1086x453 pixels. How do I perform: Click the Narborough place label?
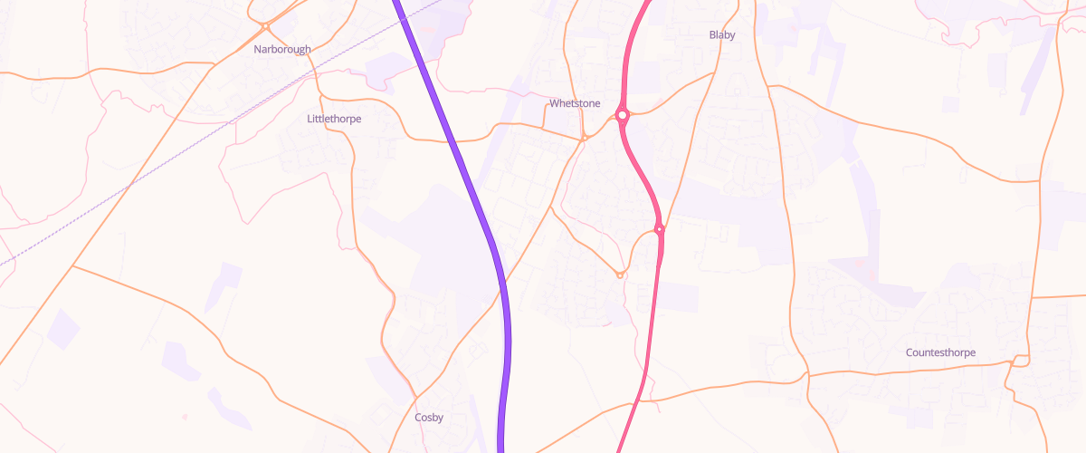[282, 49]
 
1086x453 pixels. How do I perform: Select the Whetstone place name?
[575, 103]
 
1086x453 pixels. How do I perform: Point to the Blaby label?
[722, 35]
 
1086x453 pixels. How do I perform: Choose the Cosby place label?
[429, 418]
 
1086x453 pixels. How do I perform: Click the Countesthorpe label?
[941, 352]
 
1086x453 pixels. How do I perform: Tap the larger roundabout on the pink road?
[623, 115]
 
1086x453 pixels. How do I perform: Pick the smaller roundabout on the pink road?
[660, 229]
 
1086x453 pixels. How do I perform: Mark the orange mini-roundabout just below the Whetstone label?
[585, 138]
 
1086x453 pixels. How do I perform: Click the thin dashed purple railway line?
[181, 154]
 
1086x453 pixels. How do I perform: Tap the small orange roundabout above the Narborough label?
[263, 25]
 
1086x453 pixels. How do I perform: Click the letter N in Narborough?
[258, 49]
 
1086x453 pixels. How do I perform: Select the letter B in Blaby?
[712, 35]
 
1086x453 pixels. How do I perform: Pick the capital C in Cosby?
[418, 418]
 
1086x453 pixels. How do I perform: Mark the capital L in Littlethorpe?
[310, 119]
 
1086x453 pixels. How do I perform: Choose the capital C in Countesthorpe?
[910, 352]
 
